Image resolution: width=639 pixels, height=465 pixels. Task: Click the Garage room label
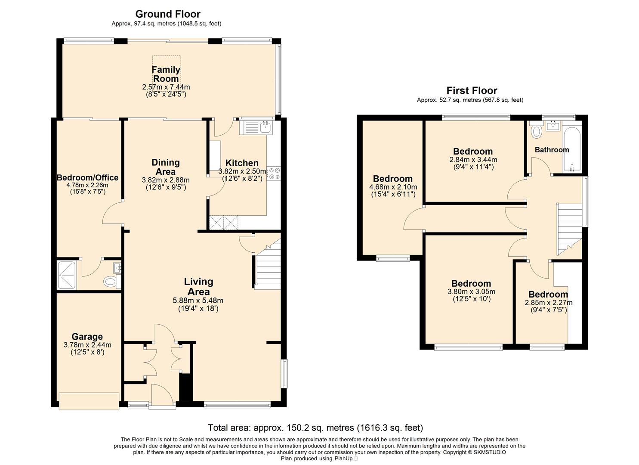tap(87, 337)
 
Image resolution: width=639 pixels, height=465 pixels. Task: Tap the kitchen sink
tap(256, 127)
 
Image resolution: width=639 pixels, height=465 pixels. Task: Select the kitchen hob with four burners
tap(274, 174)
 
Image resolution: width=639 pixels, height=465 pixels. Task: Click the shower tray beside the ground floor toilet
tap(67, 275)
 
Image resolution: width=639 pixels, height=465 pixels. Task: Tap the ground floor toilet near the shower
tap(112, 282)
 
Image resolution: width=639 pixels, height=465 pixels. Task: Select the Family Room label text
tap(166, 74)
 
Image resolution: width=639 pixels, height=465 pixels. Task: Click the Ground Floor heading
tap(168, 14)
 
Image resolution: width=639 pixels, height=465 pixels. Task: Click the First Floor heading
tap(472, 90)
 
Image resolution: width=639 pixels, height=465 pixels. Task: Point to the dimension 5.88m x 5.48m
tap(198, 301)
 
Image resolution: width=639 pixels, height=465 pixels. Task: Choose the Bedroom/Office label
tap(88, 177)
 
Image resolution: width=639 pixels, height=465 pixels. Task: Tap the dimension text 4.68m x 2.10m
tap(393, 187)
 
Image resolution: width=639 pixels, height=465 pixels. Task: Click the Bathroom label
tap(552, 150)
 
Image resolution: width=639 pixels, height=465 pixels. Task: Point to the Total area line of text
tap(315, 428)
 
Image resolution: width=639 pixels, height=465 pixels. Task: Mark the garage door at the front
tap(89, 401)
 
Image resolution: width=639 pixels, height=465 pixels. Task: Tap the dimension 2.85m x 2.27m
tap(549, 303)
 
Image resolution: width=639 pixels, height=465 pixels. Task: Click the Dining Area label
tap(166, 167)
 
